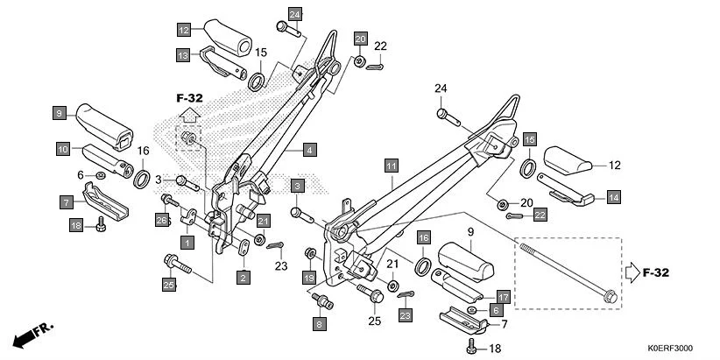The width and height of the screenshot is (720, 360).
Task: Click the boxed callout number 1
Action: (186, 240)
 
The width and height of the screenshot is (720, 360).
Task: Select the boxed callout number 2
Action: (243, 277)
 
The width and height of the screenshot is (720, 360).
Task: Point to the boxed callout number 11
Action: (391, 166)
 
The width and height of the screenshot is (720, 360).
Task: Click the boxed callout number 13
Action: (182, 55)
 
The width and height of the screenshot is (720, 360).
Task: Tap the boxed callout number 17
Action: (503, 296)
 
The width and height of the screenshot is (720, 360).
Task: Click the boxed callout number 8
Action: (319, 324)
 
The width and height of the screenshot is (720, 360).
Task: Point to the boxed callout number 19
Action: (309, 278)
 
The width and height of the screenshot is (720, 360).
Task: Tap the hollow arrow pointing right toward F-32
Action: (634, 272)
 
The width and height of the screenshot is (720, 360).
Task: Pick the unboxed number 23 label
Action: (280, 266)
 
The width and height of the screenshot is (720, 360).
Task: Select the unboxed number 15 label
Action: (261, 53)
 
